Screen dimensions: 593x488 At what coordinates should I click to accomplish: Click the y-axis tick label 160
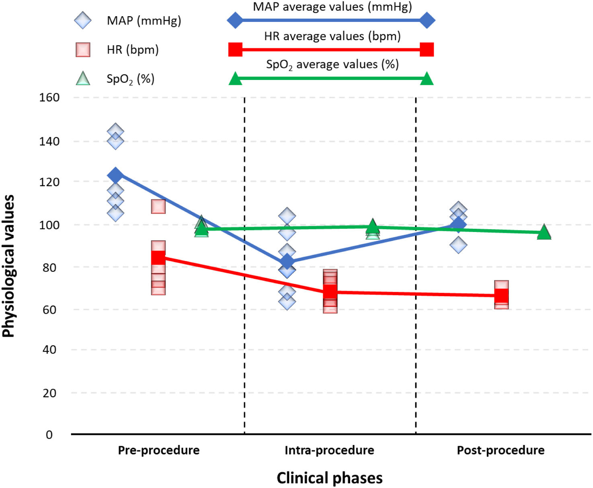[x=49, y=98]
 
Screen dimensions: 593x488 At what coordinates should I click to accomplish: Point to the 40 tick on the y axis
[x=49, y=349]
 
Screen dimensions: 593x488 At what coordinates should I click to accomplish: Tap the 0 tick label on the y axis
[x=49, y=435]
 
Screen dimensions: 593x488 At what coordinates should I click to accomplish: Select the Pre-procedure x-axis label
[x=158, y=451]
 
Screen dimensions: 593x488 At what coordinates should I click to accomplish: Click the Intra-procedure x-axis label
[x=329, y=451]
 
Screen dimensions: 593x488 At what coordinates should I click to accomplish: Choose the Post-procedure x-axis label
[x=501, y=451]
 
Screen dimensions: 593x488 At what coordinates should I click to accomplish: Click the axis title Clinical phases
[x=330, y=478]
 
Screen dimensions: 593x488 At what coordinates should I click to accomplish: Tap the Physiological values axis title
[x=8, y=266]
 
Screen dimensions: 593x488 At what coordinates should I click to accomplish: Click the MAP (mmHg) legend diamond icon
[x=83, y=20]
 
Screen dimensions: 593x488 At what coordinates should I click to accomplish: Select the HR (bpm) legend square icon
[x=83, y=50]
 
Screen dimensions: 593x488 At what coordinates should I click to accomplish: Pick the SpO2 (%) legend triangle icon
[x=83, y=78]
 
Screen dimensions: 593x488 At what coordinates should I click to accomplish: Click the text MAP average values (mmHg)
[x=332, y=7]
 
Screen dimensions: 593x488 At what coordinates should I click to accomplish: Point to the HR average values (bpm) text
[x=332, y=36]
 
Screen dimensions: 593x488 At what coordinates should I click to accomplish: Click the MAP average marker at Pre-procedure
[x=115, y=175]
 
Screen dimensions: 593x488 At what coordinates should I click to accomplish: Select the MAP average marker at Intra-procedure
[x=287, y=261]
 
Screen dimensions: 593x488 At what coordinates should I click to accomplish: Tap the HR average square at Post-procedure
[x=501, y=295]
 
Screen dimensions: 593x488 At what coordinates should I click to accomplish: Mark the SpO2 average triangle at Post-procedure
[x=544, y=232]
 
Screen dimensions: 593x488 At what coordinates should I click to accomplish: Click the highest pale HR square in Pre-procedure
[x=158, y=206]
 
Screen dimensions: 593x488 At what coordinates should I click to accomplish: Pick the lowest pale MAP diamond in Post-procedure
[x=458, y=245]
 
